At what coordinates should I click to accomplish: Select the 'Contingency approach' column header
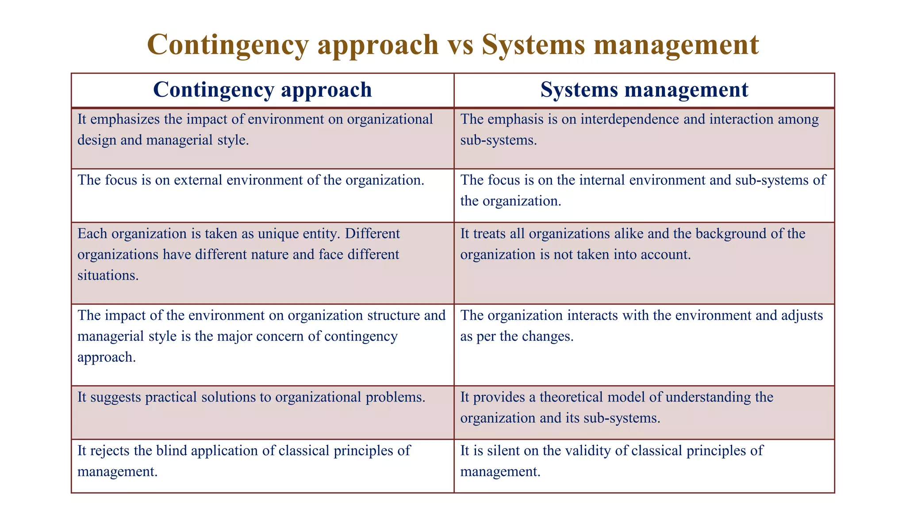pyautogui.click(x=262, y=90)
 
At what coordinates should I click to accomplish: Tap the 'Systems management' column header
pyautogui.click(x=644, y=90)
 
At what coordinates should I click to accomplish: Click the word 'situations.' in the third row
pyautogui.click(x=108, y=275)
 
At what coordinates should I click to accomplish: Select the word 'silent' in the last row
pyautogui.click(x=504, y=451)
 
